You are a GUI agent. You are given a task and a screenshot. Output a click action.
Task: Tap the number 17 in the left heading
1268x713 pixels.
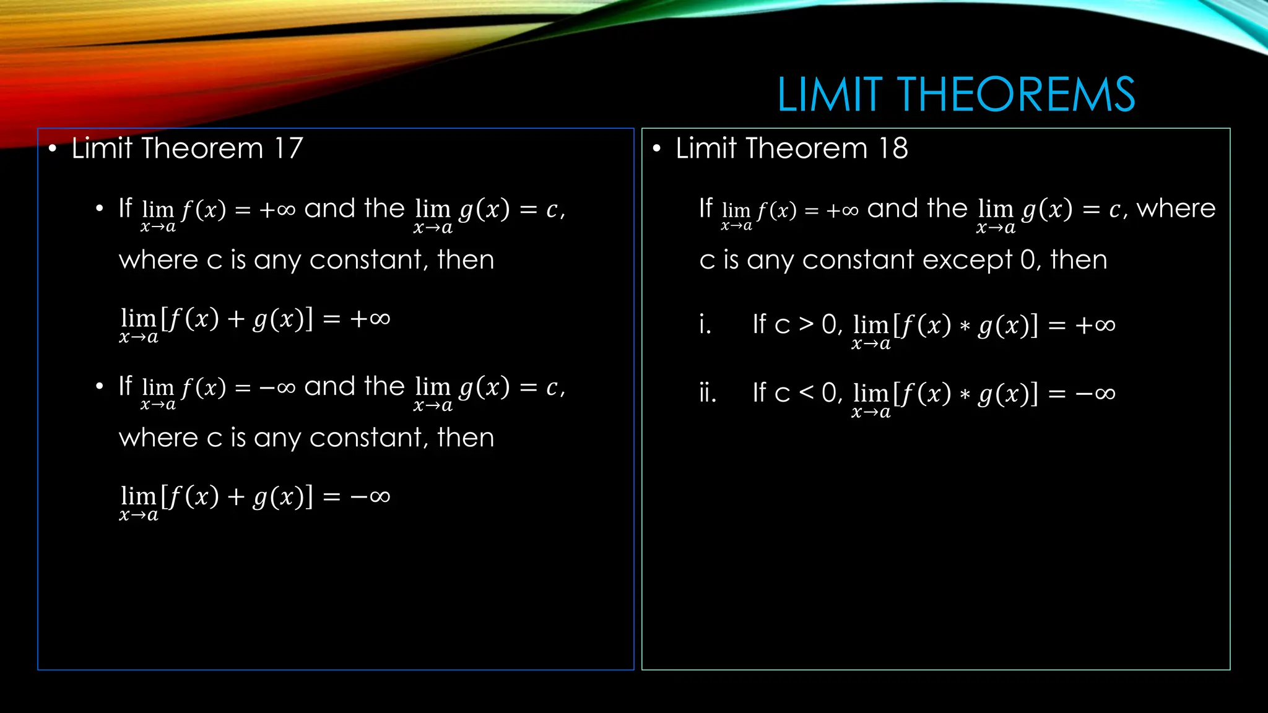click(289, 149)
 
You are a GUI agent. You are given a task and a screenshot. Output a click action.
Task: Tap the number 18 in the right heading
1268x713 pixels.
click(893, 149)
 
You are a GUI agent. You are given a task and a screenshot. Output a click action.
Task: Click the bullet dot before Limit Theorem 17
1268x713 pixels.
click(53, 149)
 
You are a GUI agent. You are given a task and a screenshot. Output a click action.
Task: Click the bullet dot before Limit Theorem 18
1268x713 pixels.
click(657, 149)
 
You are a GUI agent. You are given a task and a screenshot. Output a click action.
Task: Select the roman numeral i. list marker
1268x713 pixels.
click(705, 324)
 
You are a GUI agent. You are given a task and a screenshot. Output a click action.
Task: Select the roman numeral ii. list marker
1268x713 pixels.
click(707, 392)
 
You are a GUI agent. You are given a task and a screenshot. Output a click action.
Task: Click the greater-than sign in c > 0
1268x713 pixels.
click(806, 324)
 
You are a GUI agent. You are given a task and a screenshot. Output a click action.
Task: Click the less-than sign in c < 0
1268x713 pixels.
click(806, 392)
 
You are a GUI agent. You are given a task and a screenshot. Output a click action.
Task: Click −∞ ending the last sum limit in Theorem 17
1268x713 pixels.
click(370, 496)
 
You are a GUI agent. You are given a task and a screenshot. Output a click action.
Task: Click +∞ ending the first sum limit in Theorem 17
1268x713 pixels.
click(370, 319)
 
